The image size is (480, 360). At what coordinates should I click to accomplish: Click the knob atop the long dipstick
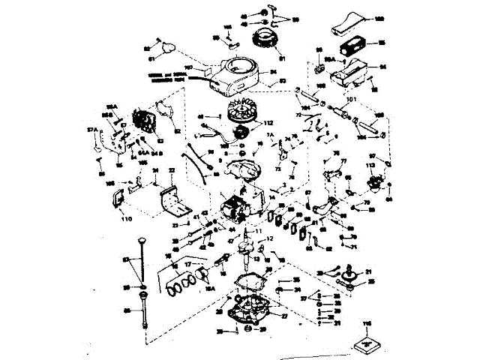pyautogui.click(x=139, y=240)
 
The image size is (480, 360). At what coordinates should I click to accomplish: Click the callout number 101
pyautogui.click(x=350, y=98)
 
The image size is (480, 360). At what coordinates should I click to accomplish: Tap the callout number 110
pyautogui.click(x=125, y=219)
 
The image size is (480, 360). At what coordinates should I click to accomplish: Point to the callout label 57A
pyautogui.click(x=92, y=130)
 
